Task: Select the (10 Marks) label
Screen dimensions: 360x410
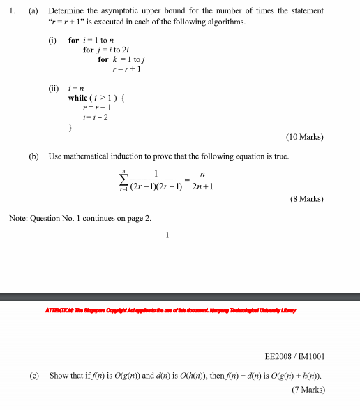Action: click(305, 137)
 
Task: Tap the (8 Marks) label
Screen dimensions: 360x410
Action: click(307, 199)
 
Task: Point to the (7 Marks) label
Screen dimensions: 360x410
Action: click(307, 389)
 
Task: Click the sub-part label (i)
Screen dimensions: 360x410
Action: click(52, 41)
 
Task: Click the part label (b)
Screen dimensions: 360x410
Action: click(33, 156)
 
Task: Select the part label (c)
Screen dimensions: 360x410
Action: click(33, 376)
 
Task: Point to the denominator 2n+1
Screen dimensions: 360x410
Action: click(202, 187)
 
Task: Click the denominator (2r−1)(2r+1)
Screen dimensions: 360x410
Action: click(156, 187)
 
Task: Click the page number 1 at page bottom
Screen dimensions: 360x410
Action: click(167, 235)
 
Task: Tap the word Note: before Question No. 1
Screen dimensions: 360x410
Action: click(18, 219)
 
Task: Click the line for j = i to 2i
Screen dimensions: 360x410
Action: click(104, 50)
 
